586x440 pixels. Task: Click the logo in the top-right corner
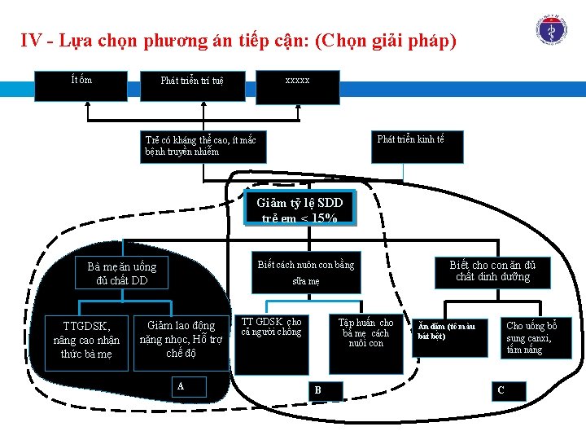coord(552,27)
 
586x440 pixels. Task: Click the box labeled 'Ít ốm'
coord(81,85)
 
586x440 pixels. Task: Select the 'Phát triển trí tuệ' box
coord(192,86)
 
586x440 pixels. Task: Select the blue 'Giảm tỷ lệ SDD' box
coord(300,209)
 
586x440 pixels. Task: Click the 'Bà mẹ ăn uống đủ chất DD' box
coord(122,275)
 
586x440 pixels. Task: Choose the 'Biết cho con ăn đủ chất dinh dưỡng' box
coord(499,271)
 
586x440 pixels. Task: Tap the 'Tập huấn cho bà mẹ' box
coord(366,342)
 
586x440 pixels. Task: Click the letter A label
coord(180,385)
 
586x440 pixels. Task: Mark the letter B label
coord(317,390)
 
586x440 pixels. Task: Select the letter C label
coord(501,390)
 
